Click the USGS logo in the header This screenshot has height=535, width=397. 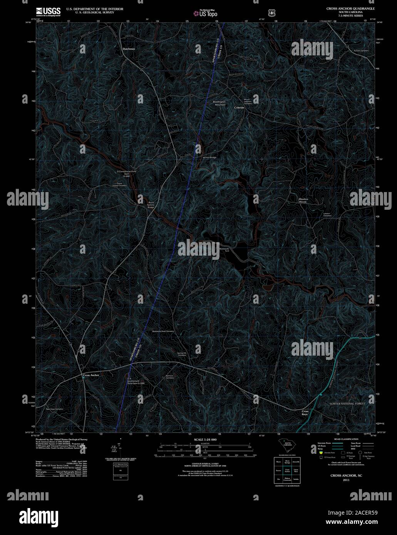(x=48, y=12)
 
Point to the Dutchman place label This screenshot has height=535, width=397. (x=129, y=49)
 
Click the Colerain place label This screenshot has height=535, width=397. (x=239, y=108)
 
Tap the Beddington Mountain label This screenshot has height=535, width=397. (x=220, y=103)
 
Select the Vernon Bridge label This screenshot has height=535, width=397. (x=209, y=157)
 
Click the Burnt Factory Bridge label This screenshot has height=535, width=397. (x=150, y=205)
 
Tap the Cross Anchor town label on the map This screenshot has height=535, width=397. (x=91, y=375)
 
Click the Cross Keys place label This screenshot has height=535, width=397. (x=305, y=413)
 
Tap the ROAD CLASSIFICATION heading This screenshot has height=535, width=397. (x=346, y=439)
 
